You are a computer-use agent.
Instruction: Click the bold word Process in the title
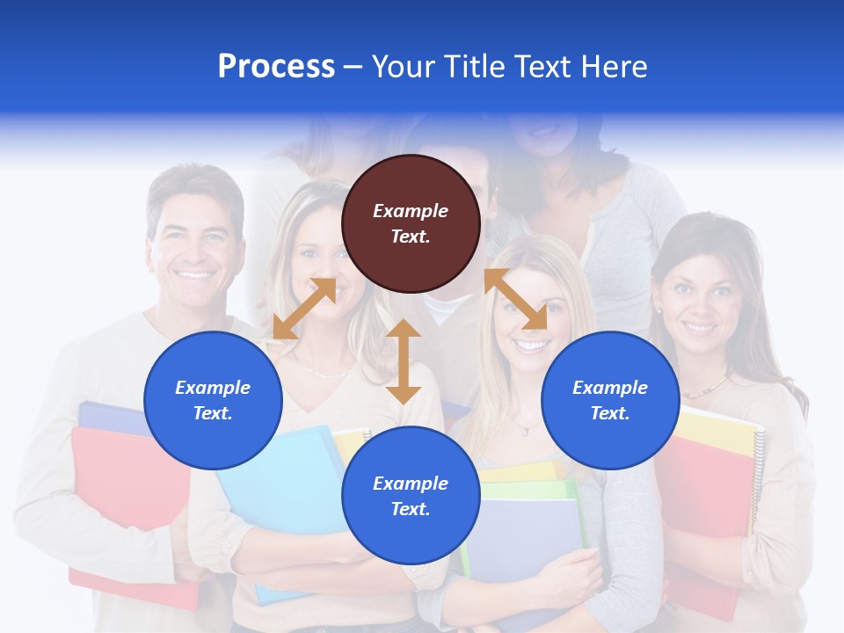tap(276, 67)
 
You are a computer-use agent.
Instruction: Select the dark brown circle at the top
tap(411, 224)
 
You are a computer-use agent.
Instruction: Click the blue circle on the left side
tap(213, 400)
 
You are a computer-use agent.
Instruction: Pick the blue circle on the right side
tap(610, 400)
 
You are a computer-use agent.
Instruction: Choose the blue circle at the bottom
tap(411, 496)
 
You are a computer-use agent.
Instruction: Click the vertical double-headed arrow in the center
tap(404, 361)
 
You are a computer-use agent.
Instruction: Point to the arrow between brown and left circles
tap(304, 309)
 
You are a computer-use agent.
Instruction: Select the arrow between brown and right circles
tap(515, 300)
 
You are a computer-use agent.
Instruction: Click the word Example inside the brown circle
tap(411, 211)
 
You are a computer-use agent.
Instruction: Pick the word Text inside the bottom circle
tap(409, 509)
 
